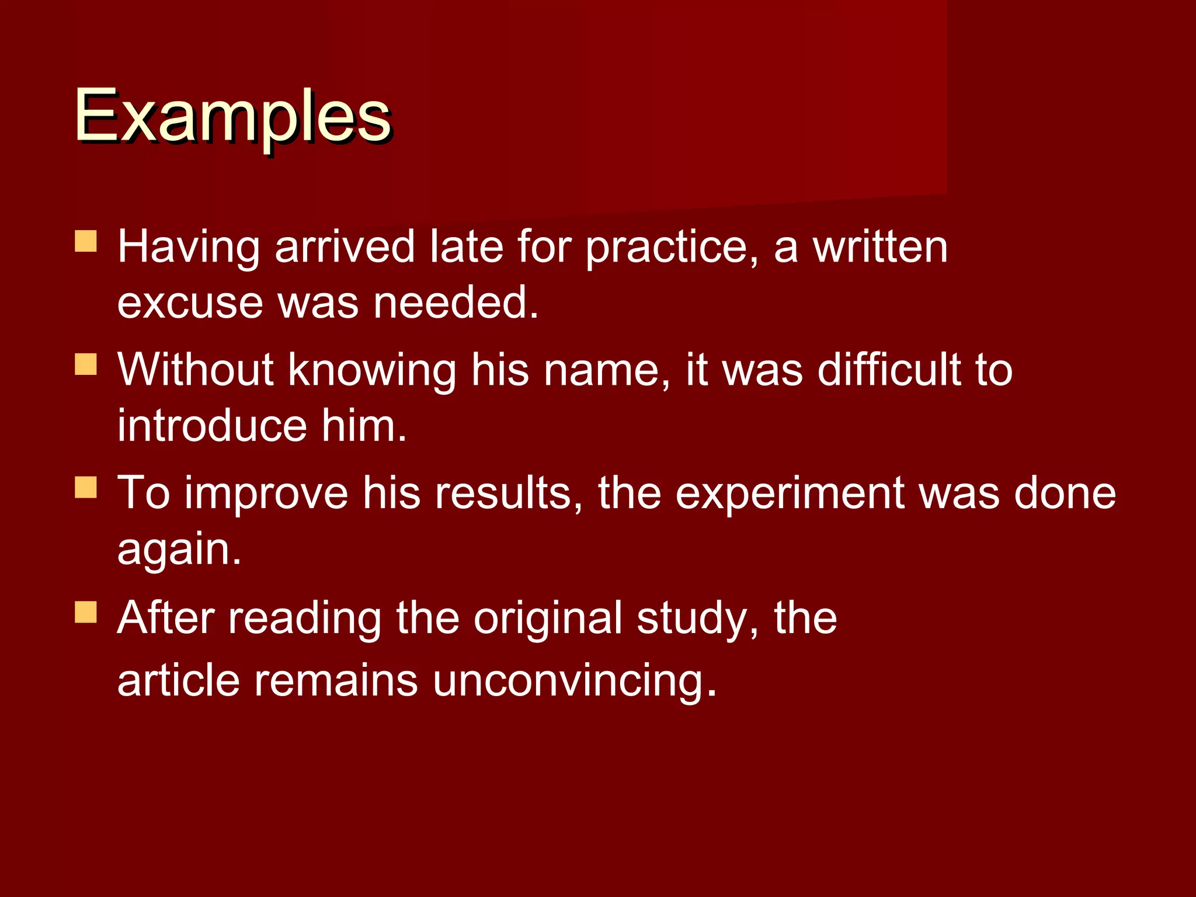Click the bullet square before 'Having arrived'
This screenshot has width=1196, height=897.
(86, 241)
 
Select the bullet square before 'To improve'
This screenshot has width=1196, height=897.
(86, 487)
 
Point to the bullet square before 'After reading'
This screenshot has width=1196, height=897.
(86, 613)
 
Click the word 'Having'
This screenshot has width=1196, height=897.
(189, 248)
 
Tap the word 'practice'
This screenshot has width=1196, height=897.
(666, 248)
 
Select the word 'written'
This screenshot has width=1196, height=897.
(880, 248)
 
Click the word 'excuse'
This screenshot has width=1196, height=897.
(190, 303)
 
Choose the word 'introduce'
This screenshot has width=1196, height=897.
(212, 426)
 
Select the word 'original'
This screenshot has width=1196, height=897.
(547, 618)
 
